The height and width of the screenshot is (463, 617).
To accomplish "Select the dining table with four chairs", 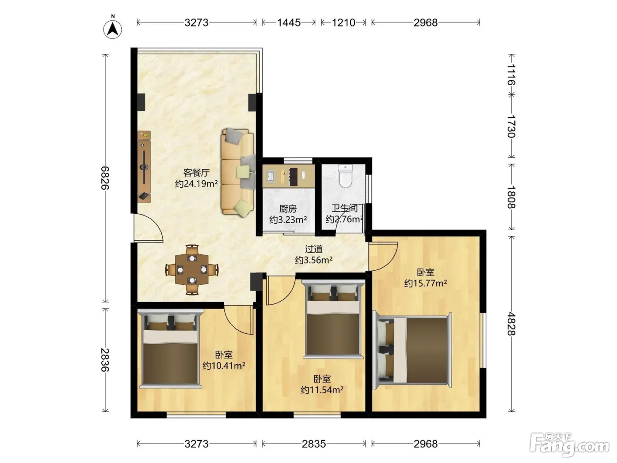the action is [x=192, y=269].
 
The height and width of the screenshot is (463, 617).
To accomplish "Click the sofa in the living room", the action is [x=238, y=173].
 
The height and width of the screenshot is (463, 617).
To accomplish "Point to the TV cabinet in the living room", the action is [x=144, y=167].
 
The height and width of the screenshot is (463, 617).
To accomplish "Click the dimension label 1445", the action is [x=289, y=22].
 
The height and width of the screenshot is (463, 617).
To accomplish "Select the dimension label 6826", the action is [x=105, y=178].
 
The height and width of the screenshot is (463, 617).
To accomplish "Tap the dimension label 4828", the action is [x=511, y=324].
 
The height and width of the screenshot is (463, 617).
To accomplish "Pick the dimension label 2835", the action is [x=314, y=444].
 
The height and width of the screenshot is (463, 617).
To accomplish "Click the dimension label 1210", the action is [x=343, y=22].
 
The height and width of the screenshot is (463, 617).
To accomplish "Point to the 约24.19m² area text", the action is [x=197, y=183].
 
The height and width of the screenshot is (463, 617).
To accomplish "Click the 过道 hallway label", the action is [x=314, y=249].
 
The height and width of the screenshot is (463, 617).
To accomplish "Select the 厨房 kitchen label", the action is [x=288, y=209].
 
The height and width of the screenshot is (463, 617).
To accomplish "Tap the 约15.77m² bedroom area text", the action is [x=426, y=283].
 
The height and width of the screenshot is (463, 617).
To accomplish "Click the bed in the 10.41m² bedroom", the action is [x=171, y=349].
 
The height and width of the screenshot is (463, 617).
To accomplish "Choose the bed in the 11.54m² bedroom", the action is [x=333, y=319].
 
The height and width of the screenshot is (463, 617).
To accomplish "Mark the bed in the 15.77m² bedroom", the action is [x=412, y=350].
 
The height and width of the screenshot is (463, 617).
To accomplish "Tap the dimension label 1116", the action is [x=511, y=75].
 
